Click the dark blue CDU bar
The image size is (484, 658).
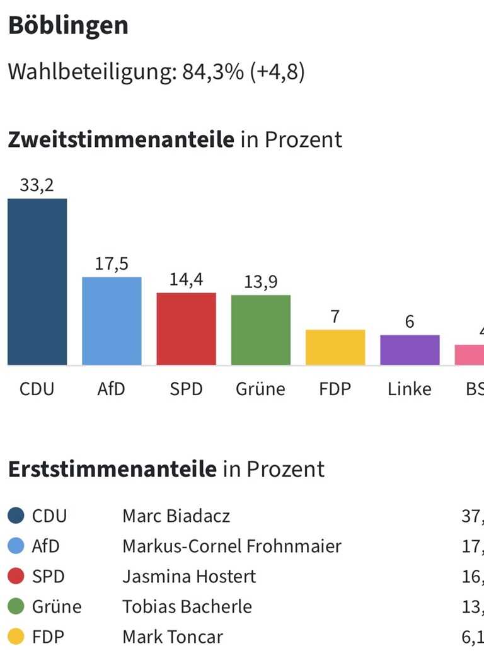[x=37, y=282]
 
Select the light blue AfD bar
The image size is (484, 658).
[x=112, y=321]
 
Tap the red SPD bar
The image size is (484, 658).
[x=186, y=328]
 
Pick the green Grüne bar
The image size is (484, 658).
[x=260, y=330]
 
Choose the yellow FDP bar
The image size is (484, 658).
[x=335, y=347]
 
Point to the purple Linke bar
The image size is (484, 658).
[x=410, y=350]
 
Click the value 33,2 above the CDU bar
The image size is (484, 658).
[x=37, y=185]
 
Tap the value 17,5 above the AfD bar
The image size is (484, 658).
[x=112, y=263]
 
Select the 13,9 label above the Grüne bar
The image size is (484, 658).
[x=260, y=282]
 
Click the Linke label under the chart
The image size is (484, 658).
[x=410, y=389]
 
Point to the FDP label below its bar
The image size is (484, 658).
[x=335, y=389]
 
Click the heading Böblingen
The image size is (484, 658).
[x=68, y=26]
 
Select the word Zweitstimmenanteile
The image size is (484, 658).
[x=120, y=139]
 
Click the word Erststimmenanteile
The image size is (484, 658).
[x=112, y=469]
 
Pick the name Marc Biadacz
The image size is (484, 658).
[x=176, y=516]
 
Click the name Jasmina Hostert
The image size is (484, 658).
[x=189, y=576]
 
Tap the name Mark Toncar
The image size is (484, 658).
[x=173, y=637]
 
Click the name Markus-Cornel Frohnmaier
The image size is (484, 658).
[x=231, y=546]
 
